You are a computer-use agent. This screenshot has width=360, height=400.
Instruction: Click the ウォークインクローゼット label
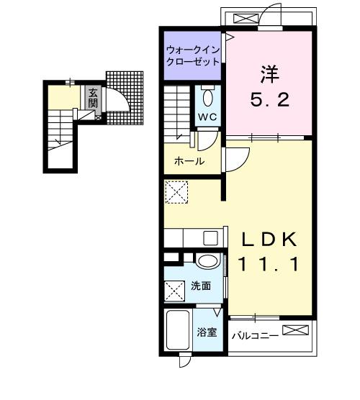click(193, 55)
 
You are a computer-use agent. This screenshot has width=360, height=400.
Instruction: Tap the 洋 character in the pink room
click(270, 73)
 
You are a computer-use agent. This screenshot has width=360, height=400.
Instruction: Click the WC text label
click(207, 117)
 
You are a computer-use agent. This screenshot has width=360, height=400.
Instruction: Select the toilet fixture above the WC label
click(208, 97)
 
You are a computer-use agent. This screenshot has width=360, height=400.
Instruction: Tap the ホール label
click(189, 161)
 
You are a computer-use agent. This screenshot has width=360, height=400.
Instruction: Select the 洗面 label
click(201, 286)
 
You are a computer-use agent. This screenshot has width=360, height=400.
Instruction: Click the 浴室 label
click(208, 332)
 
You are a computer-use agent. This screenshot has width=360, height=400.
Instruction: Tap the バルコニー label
click(254, 335)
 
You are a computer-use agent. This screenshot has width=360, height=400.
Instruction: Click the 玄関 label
click(94, 98)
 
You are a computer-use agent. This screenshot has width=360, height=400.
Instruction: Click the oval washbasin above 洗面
click(208, 261)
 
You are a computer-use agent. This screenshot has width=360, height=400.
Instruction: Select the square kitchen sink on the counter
click(210, 238)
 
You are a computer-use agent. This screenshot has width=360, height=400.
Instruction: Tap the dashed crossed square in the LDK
click(176, 192)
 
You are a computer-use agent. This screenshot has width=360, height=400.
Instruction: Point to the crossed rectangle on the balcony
click(297, 330)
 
